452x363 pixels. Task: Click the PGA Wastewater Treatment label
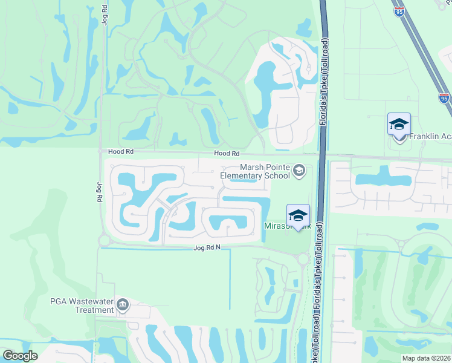tap(82, 306)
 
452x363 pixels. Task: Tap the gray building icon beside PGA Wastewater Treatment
tap(123, 304)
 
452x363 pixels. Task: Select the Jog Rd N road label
tap(208, 248)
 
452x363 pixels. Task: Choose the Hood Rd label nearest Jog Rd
tap(120, 152)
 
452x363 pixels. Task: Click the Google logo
tap(21, 356)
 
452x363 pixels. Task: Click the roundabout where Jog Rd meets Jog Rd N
tap(103, 240)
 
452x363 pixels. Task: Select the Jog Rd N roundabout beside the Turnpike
tap(303, 258)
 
